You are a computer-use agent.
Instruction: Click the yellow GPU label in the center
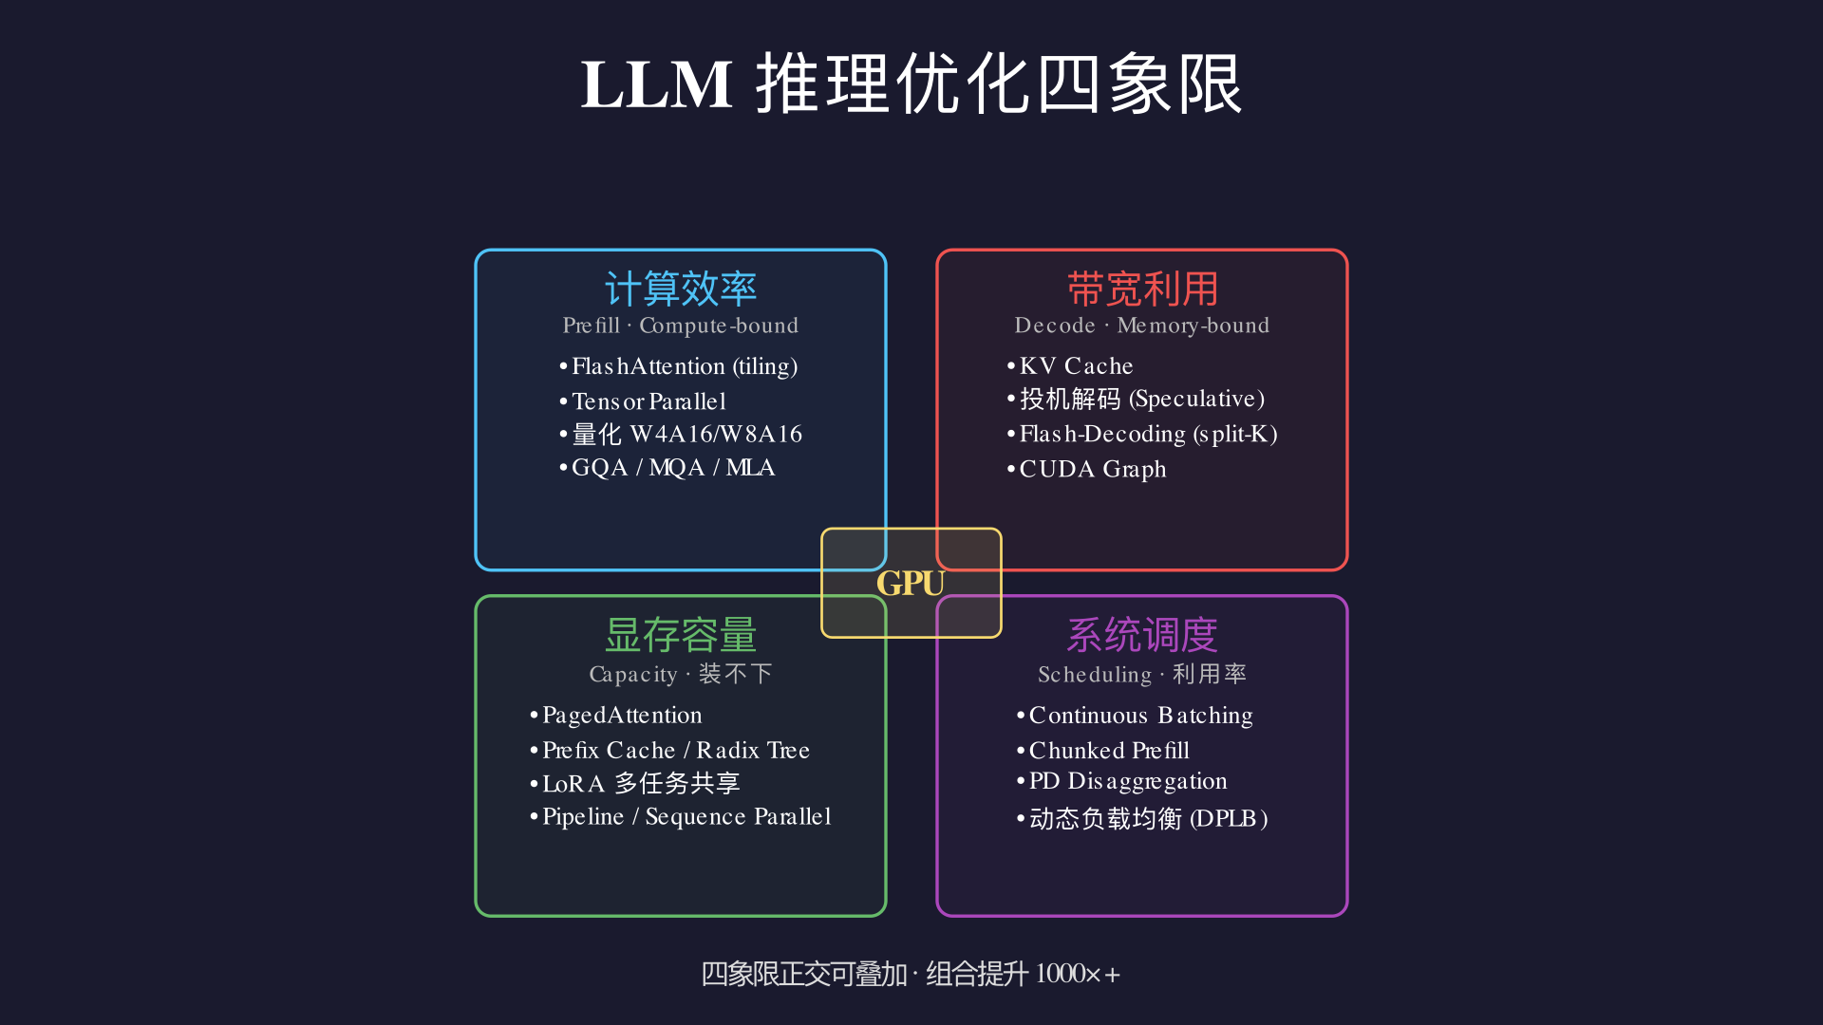(911, 583)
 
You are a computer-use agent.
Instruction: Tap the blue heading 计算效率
(681, 289)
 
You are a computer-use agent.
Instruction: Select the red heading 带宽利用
(1142, 289)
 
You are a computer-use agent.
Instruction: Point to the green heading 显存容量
(681, 635)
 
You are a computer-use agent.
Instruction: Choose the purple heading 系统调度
(1142, 635)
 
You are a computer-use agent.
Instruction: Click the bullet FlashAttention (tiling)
(679, 366)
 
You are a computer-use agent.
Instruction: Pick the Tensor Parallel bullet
(643, 401)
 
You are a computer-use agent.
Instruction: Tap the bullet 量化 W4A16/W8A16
(681, 434)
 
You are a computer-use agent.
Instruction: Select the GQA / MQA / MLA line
(667, 468)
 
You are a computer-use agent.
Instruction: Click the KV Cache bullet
(1070, 366)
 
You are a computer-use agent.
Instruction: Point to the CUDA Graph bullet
(1086, 470)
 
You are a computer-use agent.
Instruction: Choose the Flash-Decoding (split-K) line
(1142, 435)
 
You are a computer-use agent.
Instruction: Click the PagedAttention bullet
(616, 716)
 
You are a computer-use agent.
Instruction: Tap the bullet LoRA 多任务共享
(634, 783)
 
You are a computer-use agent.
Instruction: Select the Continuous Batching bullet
(1135, 716)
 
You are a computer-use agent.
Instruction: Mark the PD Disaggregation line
(1121, 781)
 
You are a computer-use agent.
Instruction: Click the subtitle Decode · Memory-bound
(1141, 326)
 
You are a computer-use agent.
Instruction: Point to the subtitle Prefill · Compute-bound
(680, 326)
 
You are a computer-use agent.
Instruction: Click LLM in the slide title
(656, 84)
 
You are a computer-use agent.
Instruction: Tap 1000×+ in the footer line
(1078, 974)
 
